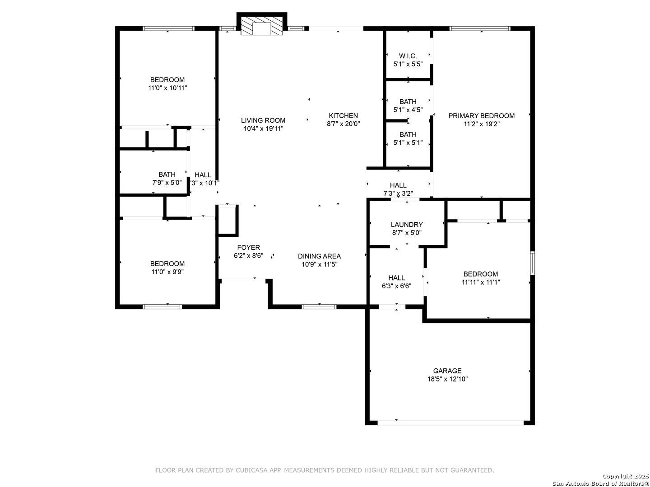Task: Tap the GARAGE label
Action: click(447, 371)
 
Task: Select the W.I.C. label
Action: click(408, 55)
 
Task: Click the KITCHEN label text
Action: click(343, 115)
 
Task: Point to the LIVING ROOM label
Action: click(263, 120)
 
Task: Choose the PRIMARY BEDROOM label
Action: click(481, 115)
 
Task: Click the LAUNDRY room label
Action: click(407, 225)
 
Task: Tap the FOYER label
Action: click(248, 247)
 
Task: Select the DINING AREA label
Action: click(319, 256)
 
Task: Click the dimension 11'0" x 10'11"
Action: click(167, 88)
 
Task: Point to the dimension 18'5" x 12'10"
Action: click(447, 379)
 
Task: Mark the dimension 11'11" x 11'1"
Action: click(481, 282)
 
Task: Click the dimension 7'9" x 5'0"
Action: click(167, 183)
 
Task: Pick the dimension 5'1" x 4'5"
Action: click(408, 110)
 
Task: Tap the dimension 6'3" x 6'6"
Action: click(396, 286)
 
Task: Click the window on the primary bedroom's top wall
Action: click(480, 28)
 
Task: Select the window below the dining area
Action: click(319, 307)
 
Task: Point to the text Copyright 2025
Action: click(626, 476)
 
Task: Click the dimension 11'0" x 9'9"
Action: click(167, 272)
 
